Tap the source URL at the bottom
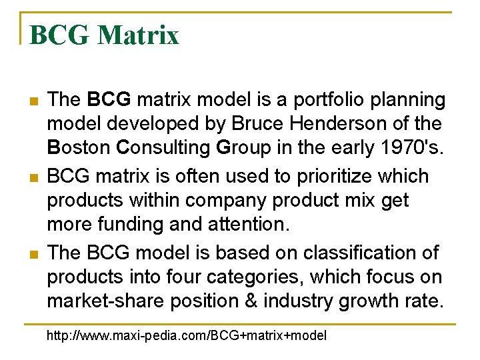186,335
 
